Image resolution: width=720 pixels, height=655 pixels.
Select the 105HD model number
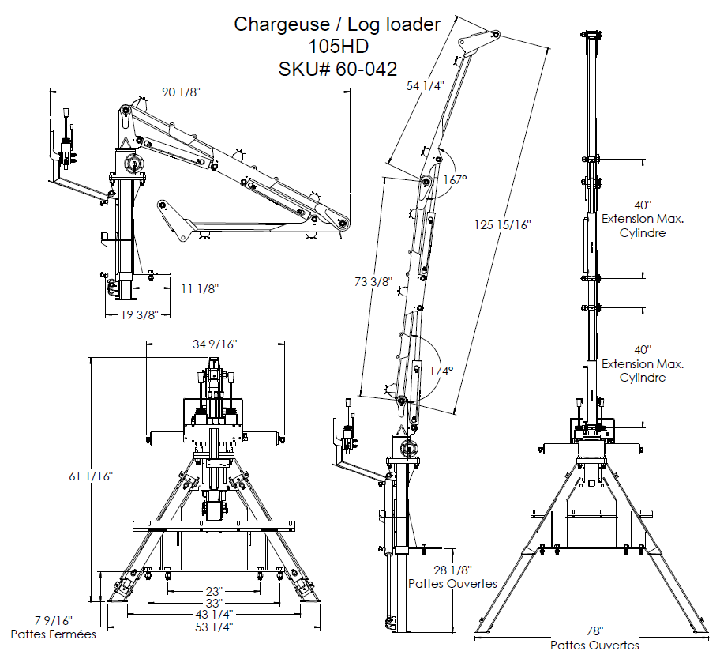[x=337, y=46]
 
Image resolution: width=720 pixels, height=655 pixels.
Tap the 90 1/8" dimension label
[x=182, y=93]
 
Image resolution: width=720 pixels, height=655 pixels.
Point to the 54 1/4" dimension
[x=425, y=86]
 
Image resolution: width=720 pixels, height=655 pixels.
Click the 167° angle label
[x=454, y=180]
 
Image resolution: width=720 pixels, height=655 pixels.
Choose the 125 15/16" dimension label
[x=502, y=225]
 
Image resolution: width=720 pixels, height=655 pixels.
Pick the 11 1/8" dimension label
[x=199, y=289]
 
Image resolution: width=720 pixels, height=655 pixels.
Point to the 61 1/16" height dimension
[x=92, y=476]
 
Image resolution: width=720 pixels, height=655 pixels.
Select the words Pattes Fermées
[x=53, y=634]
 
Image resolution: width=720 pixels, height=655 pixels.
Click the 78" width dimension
[x=594, y=631]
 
